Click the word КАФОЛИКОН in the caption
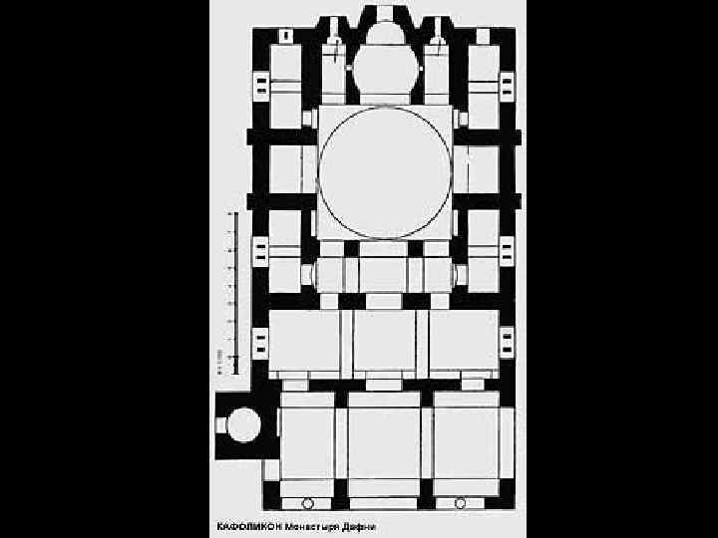[x=248, y=525]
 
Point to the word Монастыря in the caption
[x=314, y=525]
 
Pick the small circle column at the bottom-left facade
[x=307, y=504]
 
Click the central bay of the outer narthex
[x=384, y=443]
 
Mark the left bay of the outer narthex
[x=307, y=443]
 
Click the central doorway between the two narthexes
[x=384, y=384]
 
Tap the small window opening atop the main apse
[x=384, y=13]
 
